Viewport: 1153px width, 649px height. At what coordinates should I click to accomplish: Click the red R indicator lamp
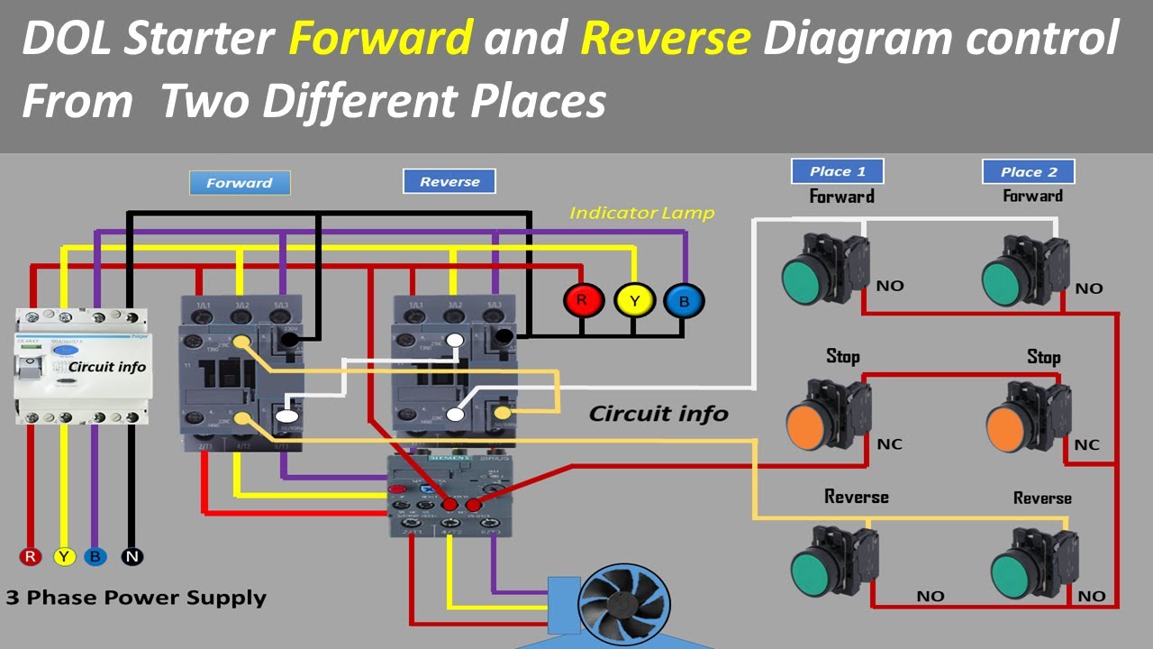(583, 300)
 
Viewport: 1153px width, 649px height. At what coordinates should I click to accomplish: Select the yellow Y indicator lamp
(634, 300)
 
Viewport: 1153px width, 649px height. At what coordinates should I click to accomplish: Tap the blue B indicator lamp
(684, 301)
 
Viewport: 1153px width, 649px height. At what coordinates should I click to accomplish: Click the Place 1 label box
(837, 171)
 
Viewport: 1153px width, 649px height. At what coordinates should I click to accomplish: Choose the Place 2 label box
(1028, 172)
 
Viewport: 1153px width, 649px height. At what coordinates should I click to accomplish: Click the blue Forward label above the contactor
(240, 183)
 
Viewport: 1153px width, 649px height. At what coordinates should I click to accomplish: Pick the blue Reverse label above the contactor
(449, 182)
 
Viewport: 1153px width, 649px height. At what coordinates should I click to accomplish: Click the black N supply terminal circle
(132, 556)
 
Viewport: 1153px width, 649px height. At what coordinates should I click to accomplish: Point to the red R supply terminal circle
(32, 556)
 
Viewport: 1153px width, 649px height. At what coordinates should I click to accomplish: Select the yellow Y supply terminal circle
(64, 556)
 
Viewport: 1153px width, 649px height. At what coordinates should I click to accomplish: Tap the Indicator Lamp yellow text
(641, 214)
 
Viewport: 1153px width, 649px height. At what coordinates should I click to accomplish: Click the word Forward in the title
(381, 39)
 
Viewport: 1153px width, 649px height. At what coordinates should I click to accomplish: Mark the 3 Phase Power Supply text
(136, 598)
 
